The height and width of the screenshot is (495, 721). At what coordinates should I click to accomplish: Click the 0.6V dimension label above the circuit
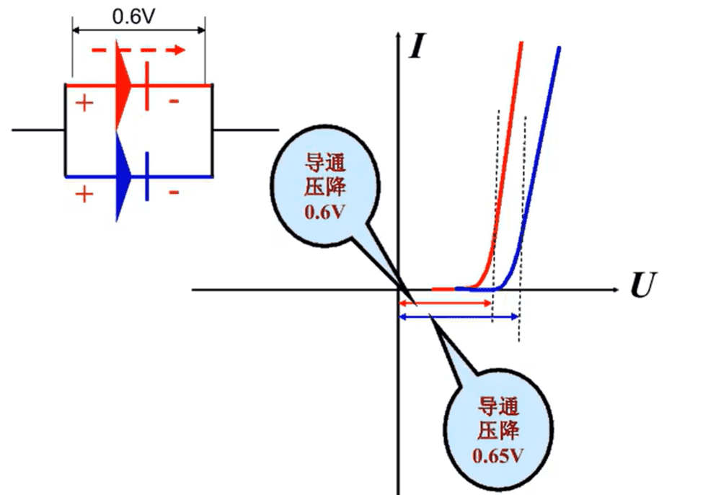133,16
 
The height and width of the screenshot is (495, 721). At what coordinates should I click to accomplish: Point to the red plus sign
84,103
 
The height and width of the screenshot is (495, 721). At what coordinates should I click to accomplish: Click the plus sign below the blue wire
84,194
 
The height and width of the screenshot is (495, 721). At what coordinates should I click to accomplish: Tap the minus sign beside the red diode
173,102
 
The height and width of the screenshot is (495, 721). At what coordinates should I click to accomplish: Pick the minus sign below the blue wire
173,193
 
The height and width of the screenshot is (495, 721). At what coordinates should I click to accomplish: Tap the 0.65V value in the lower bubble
498,455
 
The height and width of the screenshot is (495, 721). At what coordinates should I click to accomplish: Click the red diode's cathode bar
147,86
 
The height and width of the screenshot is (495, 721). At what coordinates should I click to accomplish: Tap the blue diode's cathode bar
147,176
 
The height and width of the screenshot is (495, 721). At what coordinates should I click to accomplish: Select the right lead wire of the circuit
245,130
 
